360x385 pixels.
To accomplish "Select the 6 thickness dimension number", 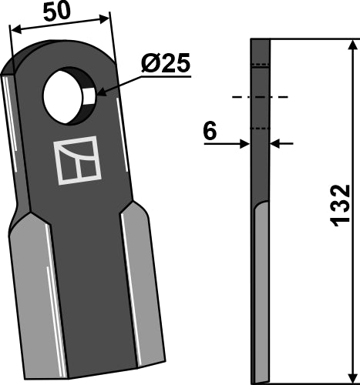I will tap(207, 132).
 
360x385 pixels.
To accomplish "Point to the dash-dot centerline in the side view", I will tap(259, 97).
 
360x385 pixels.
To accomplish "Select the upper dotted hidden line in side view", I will tap(261, 66).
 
